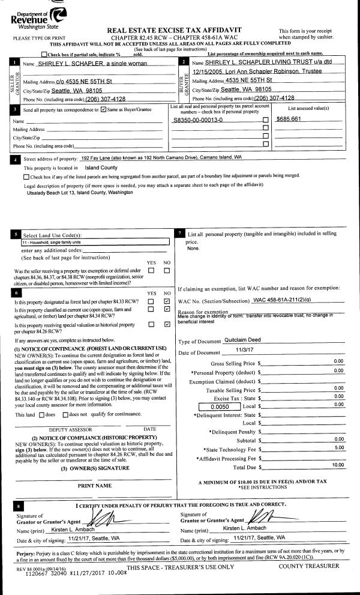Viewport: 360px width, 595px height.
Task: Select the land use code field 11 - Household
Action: click(x=95, y=243)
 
